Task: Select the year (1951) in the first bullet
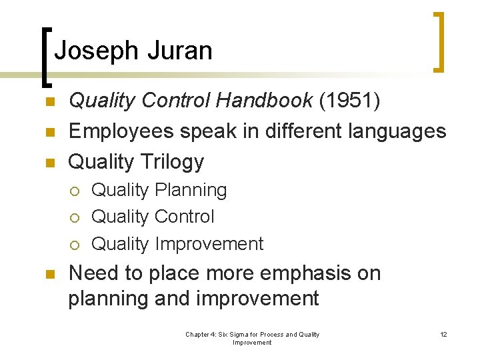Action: pos(350,100)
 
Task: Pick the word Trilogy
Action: pos(172,161)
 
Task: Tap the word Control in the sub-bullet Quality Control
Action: pos(184,217)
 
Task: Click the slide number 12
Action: pos(443,334)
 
